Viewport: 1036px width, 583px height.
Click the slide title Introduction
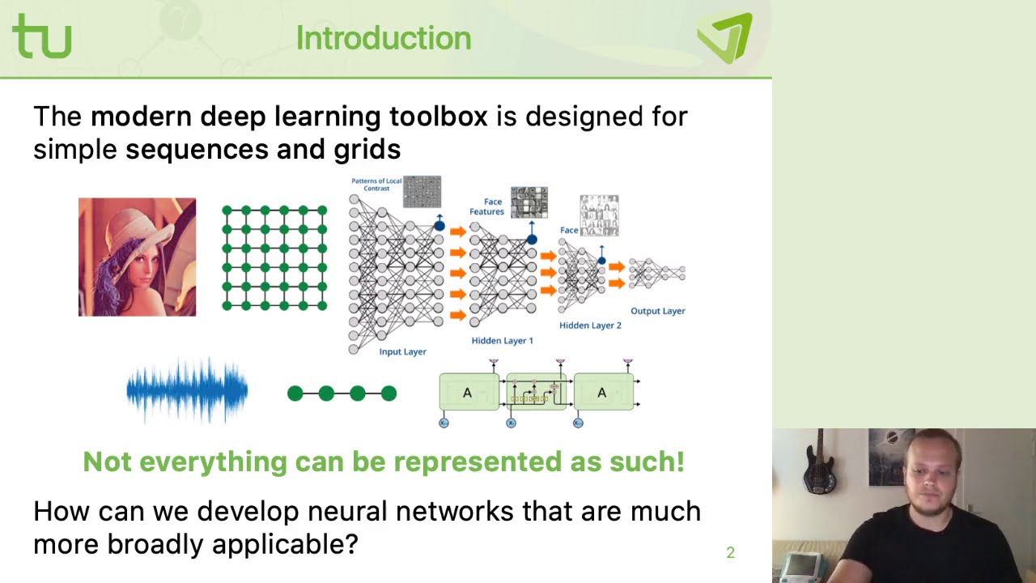tap(383, 38)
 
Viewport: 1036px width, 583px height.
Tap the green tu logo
tap(42, 36)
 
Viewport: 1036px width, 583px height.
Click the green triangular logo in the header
tap(724, 37)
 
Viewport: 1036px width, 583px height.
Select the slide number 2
tap(730, 552)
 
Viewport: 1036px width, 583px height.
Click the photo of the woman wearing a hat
tap(137, 257)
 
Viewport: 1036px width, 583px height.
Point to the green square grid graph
tap(274, 257)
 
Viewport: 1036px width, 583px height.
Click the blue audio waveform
tap(187, 391)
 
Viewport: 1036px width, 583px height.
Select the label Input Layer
tap(402, 351)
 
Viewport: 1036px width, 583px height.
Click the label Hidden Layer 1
tap(502, 340)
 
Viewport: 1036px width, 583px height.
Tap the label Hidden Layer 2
tap(590, 325)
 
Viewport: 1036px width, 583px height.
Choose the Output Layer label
tap(657, 311)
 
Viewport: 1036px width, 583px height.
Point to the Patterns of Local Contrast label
tap(376, 184)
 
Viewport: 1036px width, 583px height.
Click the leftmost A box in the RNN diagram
tap(468, 393)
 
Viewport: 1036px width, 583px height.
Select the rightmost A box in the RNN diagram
tap(602, 393)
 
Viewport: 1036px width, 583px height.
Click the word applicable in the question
tap(278, 543)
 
